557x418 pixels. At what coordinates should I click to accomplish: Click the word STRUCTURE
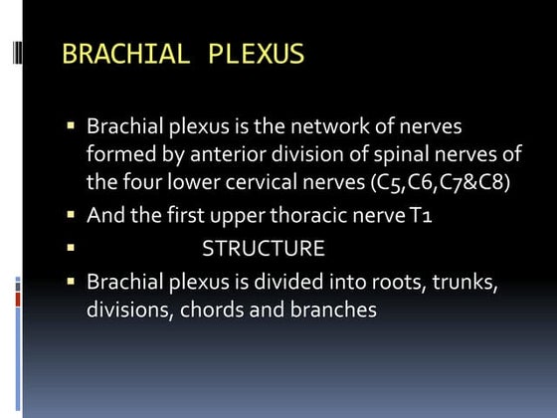point(264,247)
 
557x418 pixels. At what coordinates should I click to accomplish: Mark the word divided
point(292,282)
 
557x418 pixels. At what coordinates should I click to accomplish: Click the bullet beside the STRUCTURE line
point(72,245)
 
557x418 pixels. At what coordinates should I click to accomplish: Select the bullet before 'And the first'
point(72,213)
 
